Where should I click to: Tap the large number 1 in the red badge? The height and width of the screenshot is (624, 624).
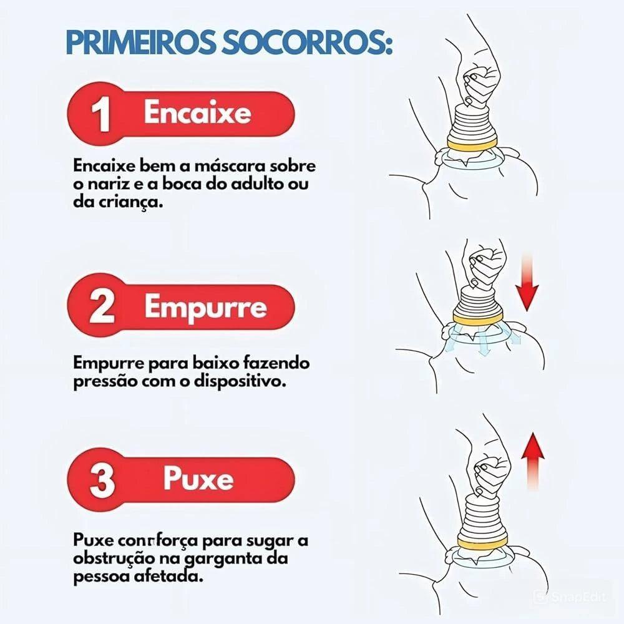pos(100,114)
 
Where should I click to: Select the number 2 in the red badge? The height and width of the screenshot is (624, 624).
pos(102,307)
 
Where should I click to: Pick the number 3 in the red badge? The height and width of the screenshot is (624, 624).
pos(102,480)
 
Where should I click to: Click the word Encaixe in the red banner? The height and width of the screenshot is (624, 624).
pos(197,112)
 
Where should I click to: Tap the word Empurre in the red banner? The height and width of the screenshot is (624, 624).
pos(205,307)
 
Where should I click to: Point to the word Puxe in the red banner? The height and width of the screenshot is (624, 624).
pos(198,478)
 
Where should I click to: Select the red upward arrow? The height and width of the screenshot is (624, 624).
pos(533,462)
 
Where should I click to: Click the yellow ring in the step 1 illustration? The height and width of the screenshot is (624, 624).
pos(472,145)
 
